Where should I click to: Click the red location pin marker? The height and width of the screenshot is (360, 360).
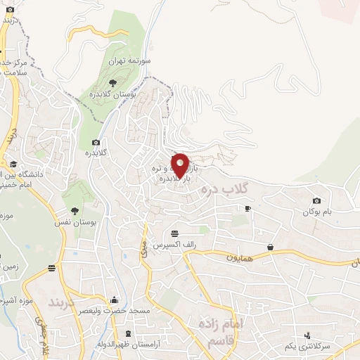pyautogui.click(x=180, y=165)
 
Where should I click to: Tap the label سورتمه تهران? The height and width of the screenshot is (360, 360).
pyautogui.click(x=120, y=61)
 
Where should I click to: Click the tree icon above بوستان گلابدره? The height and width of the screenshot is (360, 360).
pyautogui.click(x=112, y=84)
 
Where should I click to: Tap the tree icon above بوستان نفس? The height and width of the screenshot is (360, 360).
pyautogui.click(x=75, y=210)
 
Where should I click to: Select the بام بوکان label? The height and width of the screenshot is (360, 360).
pyautogui.click(x=317, y=212)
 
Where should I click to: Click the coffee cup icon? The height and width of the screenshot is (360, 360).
pyautogui.click(x=247, y=208)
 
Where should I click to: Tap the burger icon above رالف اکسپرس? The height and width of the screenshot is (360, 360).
pyautogui.click(x=174, y=233)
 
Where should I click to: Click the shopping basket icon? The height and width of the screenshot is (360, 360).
pyautogui.click(x=271, y=246)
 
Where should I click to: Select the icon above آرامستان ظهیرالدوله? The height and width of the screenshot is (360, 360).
pyautogui.click(x=127, y=333)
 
